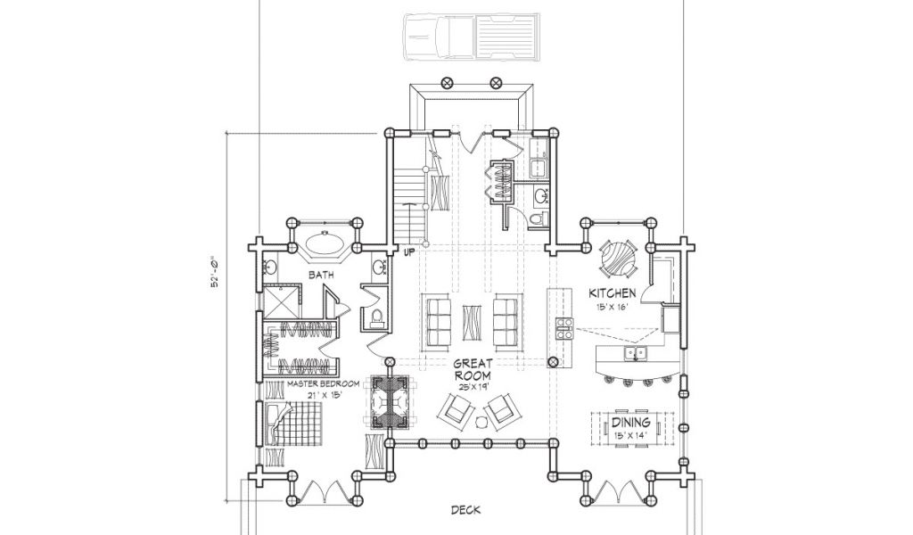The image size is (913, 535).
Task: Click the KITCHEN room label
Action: (x=612, y=292)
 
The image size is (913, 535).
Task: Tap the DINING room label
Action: (x=630, y=423)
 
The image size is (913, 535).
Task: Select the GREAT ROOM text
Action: (x=472, y=370)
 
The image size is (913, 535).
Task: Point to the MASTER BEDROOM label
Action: (x=323, y=384)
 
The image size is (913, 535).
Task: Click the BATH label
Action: (x=321, y=275)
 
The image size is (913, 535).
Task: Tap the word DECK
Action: (x=465, y=511)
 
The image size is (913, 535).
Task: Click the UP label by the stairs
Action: (x=410, y=252)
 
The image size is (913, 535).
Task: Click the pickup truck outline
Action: (x=473, y=37)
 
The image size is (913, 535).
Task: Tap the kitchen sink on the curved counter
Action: (x=635, y=353)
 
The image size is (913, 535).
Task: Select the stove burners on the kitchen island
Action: (x=563, y=329)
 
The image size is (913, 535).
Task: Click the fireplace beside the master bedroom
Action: (x=390, y=401)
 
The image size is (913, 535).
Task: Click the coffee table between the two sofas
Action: (x=471, y=322)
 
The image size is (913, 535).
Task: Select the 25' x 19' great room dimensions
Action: (x=472, y=386)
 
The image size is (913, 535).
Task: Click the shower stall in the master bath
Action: (x=281, y=301)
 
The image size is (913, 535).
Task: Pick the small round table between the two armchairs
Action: (x=481, y=421)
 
